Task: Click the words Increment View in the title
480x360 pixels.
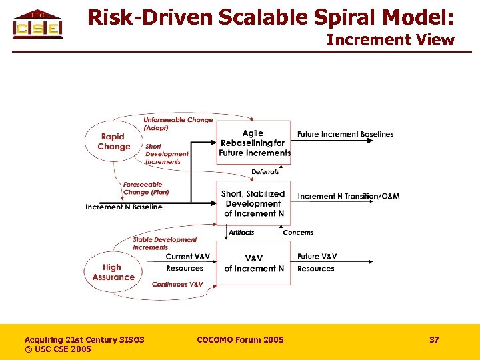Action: pyautogui.click(x=390, y=40)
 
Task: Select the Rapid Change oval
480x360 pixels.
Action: pyautogui.click(x=114, y=141)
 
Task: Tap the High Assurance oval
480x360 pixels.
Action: pyautogui.click(x=113, y=272)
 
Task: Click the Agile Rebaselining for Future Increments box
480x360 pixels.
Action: pyautogui.click(x=255, y=143)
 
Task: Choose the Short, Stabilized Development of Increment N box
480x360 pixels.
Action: pyautogui.click(x=254, y=203)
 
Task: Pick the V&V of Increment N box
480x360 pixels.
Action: pyautogui.click(x=254, y=263)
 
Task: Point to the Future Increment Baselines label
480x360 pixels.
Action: pyautogui.click(x=345, y=134)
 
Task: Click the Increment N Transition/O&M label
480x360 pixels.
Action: pyautogui.click(x=349, y=196)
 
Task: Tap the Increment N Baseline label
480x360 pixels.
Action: pyautogui.click(x=124, y=207)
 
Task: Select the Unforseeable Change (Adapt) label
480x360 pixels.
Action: pyautogui.click(x=178, y=123)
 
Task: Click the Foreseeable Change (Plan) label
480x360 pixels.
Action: pyautogui.click(x=145, y=189)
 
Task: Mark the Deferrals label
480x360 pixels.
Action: pyautogui.click(x=265, y=172)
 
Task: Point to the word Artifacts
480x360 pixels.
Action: pyautogui.click(x=241, y=233)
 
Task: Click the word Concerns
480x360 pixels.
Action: pyautogui.click(x=298, y=233)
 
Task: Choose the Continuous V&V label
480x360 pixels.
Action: pyautogui.click(x=177, y=285)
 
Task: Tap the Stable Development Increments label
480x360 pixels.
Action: pyautogui.click(x=165, y=243)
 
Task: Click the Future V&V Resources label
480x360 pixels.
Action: pyautogui.click(x=317, y=263)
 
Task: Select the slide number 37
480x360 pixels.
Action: pyautogui.click(x=434, y=340)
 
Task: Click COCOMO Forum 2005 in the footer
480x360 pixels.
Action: pyautogui.click(x=240, y=340)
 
